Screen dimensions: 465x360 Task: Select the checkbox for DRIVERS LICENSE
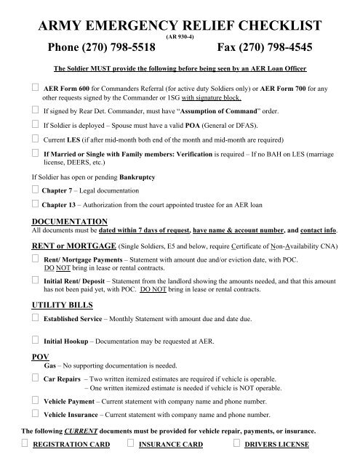point(236,443)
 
